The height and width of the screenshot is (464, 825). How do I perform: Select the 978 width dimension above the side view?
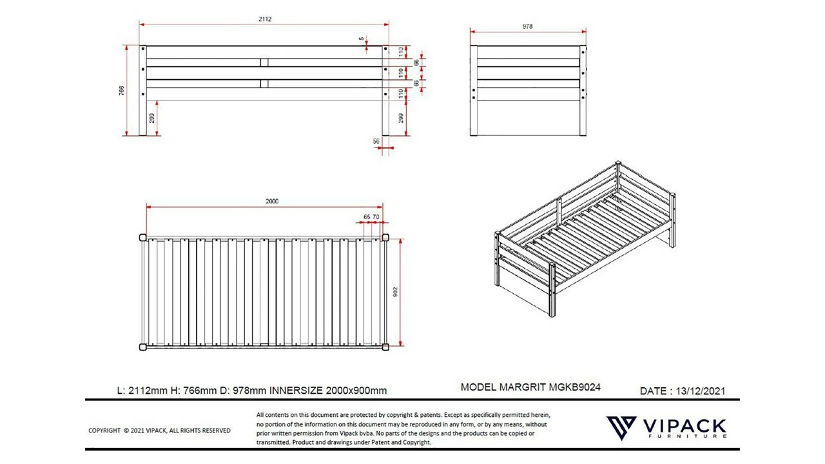click(x=528, y=26)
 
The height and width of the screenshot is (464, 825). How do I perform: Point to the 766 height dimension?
click(x=122, y=90)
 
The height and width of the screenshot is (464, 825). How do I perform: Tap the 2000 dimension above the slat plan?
click(x=272, y=201)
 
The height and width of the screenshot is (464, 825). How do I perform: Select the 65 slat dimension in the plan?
click(x=366, y=217)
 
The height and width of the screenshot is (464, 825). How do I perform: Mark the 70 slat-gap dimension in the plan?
click(x=376, y=217)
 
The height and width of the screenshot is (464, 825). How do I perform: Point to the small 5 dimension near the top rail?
click(x=362, y=39)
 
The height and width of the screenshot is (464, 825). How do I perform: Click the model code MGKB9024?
click(x=575, y=387)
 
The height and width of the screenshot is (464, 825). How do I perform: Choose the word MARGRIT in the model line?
click(x=522, y=387)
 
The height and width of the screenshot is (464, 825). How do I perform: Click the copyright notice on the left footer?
click(x=159, y=430)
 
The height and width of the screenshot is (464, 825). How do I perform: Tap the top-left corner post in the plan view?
click(x=143, y=237)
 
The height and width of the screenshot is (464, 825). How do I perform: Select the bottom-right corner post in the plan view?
click(x=385, y=347)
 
